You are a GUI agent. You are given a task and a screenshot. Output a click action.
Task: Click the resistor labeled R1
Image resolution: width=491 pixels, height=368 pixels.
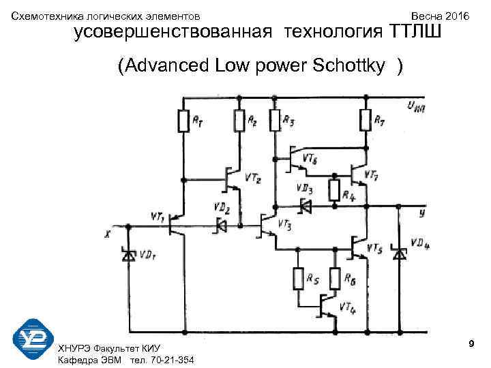(183, 121)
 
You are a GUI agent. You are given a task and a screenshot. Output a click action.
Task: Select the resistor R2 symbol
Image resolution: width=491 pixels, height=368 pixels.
(239, 121)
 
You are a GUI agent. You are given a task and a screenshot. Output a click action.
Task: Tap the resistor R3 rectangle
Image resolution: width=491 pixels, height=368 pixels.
(274, 121)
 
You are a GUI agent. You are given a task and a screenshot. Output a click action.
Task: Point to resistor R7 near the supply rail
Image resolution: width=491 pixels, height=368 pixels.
(366, 121)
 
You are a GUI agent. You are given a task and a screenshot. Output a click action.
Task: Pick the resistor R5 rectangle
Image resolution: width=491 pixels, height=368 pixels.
(298, 279)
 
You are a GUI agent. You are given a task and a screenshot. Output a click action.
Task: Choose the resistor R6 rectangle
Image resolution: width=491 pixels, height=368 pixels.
(335, 279)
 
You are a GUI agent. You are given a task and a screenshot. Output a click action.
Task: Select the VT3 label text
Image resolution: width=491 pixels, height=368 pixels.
(284, 226)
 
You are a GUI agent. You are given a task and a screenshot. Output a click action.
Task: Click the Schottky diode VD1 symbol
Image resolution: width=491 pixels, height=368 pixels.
(128, 255)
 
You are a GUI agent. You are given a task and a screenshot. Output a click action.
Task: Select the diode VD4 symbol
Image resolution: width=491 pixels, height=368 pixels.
(400, 254)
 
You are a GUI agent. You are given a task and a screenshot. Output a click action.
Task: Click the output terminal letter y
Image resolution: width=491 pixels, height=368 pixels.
(422, 213)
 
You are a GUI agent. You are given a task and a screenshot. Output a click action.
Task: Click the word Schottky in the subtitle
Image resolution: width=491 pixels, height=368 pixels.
(357, 66)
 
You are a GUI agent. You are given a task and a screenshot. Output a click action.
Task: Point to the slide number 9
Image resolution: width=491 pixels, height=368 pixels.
(471, 346)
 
